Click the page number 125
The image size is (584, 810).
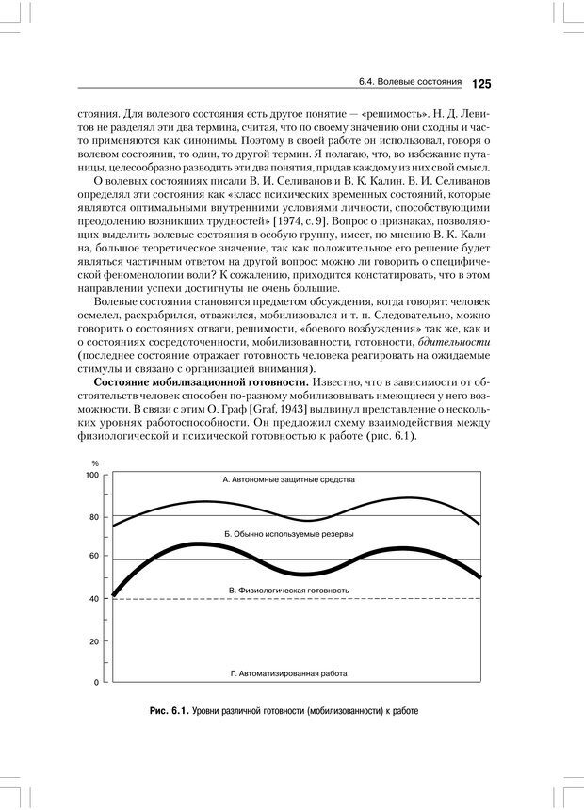click(479, 84)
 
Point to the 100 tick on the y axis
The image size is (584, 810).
click(92, 475)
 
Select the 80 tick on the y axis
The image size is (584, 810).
click(94, 517)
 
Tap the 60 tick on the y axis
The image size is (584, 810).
click(94, 556)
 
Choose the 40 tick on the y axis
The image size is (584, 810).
click(94, 599)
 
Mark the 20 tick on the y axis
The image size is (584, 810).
click(94, 641)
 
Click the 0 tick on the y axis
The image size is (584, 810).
click(96, 682)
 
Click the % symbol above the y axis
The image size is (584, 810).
click(95, 462)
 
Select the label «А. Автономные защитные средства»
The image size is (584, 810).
click(289, 479)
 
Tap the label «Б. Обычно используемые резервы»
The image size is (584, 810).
click(289, 533)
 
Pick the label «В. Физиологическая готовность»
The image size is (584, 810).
click(289, 591)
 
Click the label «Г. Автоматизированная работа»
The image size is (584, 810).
click(289, 674)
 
